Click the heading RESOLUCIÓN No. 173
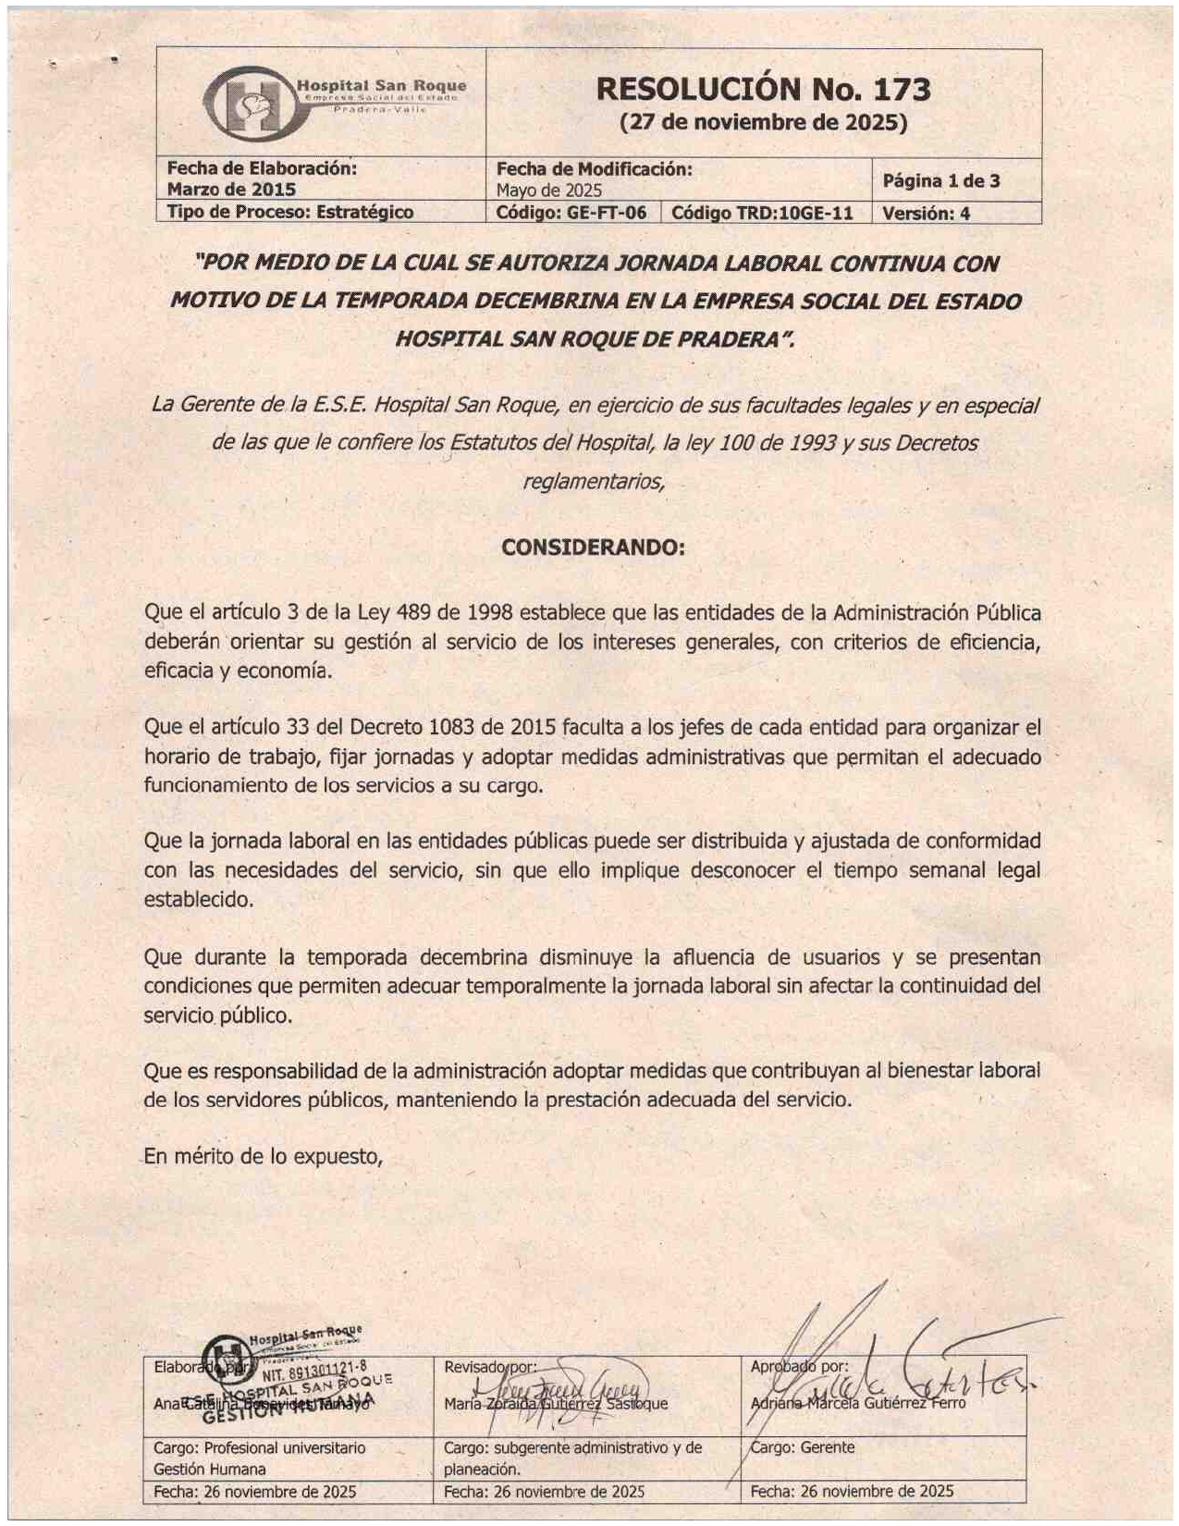pos(763,90)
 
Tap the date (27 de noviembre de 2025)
pos(763,122)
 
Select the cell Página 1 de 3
pos(940,180)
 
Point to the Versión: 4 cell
pos(926,214)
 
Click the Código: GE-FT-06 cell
pos(571,213)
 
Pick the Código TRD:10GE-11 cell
pos(762,213)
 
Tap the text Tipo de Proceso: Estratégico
pos(289,212)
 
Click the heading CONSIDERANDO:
pos(593,548)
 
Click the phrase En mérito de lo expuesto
pos(264,1156)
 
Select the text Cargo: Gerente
pos(803,1447)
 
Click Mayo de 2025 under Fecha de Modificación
pos(549,191)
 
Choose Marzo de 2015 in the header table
pos(231,190)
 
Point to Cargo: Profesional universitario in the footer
pos(259,1448)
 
